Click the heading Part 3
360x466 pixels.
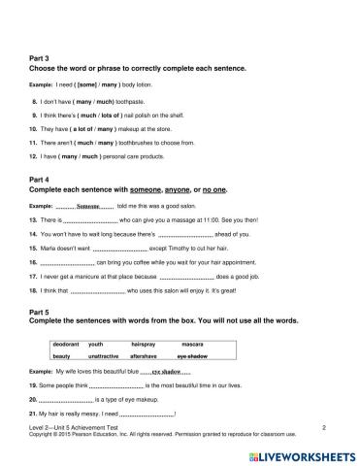(x=42, y=58)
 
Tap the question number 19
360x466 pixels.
(x=35, y=385)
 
